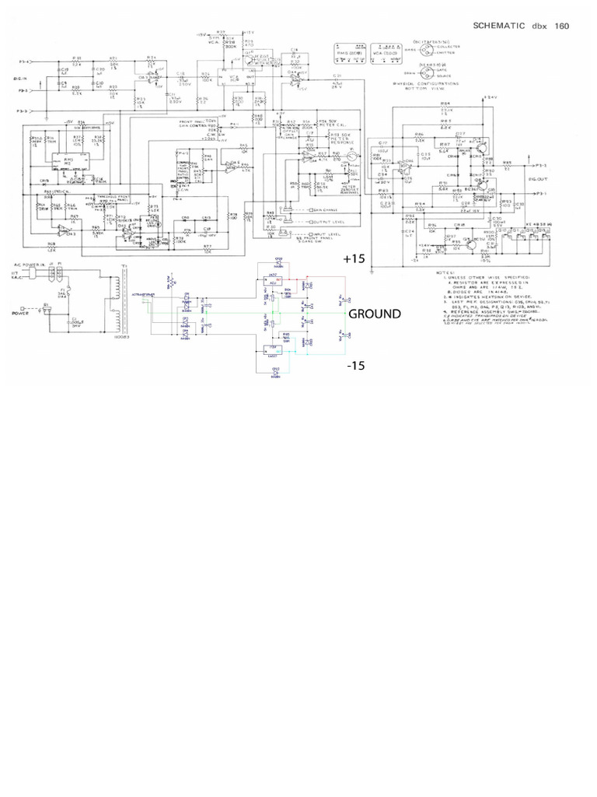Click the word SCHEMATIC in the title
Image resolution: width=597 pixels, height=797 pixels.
498,26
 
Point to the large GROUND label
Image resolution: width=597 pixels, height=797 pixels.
375,314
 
